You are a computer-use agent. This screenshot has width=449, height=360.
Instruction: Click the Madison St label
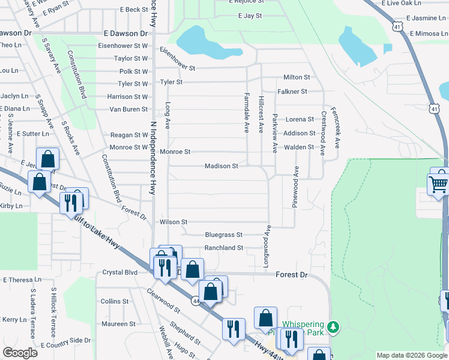point(221,166)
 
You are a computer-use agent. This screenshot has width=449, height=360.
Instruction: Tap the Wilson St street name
point(173,222)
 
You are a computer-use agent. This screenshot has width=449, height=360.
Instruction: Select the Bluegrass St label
point(223,235)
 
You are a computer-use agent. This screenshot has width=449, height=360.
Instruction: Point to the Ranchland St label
point(223,247)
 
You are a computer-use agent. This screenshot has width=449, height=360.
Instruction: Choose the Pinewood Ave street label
point(295,187)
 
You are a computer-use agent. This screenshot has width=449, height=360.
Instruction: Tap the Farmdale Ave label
point(246,113)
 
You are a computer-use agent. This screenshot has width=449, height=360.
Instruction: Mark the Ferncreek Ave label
point(337,130)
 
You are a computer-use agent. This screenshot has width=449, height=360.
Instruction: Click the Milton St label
point(297,77)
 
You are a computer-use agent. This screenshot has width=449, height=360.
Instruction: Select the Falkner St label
point(292,91)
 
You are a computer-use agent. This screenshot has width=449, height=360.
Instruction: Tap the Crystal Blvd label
point(120,272)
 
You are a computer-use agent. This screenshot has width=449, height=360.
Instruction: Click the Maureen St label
point(118,324)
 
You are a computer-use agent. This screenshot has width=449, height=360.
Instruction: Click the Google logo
point(20,353)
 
